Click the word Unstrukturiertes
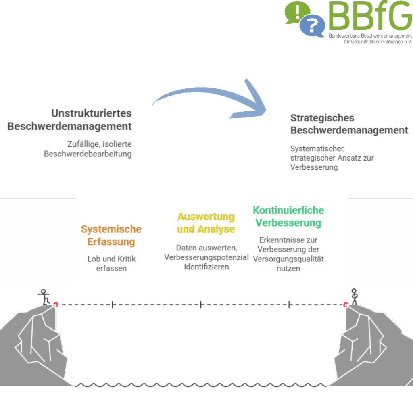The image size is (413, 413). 92,113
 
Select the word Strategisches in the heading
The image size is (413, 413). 322,118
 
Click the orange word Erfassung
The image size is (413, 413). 111,242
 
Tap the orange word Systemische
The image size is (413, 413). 111,229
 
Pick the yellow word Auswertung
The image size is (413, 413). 206,217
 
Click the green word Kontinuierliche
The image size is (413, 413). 288,210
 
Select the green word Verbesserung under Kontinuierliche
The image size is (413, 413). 288,223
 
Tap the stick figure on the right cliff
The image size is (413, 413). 354,296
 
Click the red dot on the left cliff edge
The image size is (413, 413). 56,305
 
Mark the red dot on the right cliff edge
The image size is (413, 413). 345,305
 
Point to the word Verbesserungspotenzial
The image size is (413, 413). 206,257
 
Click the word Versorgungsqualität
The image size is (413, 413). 288,259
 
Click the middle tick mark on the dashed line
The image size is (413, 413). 201,305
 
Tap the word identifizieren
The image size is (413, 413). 206,267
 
